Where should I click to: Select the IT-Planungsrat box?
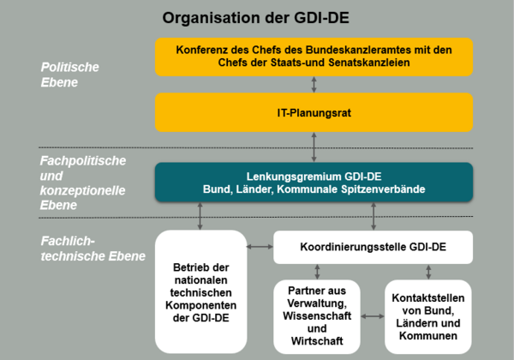click(314, 112)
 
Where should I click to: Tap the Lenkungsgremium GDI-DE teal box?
click(314, 183)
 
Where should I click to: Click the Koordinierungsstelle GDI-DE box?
click(374, 248)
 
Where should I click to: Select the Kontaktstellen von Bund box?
click(427, 313)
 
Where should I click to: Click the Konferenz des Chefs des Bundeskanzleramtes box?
click(314, 56)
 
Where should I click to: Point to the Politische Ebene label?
click(70, 75)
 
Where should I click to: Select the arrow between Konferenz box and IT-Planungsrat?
click(315, 84)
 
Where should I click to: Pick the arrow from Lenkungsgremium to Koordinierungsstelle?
click(374, 216)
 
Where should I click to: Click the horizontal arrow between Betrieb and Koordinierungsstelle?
click(258, 248)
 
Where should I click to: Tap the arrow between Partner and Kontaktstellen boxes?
click(373, 316)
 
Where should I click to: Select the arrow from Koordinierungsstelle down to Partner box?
click(318, 272)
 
